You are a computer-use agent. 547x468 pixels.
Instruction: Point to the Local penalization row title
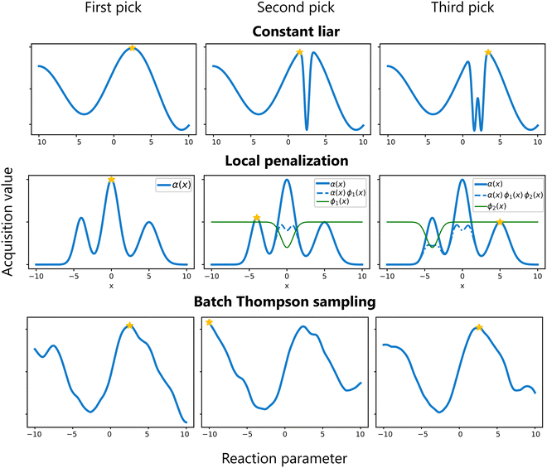285,160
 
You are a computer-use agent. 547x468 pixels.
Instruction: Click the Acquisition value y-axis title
10,236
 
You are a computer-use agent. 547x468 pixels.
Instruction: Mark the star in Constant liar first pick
132,47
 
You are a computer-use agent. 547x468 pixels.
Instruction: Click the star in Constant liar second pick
300,52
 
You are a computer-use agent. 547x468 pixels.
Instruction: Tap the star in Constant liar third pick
488,52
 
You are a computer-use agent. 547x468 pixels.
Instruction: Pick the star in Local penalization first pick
111,180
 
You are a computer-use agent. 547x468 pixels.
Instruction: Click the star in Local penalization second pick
256,218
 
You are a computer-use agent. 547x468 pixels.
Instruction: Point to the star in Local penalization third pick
499,222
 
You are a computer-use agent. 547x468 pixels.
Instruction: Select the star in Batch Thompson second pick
210,322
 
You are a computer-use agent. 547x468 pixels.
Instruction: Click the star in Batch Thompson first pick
129,326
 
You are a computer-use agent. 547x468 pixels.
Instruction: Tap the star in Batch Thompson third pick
478,328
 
